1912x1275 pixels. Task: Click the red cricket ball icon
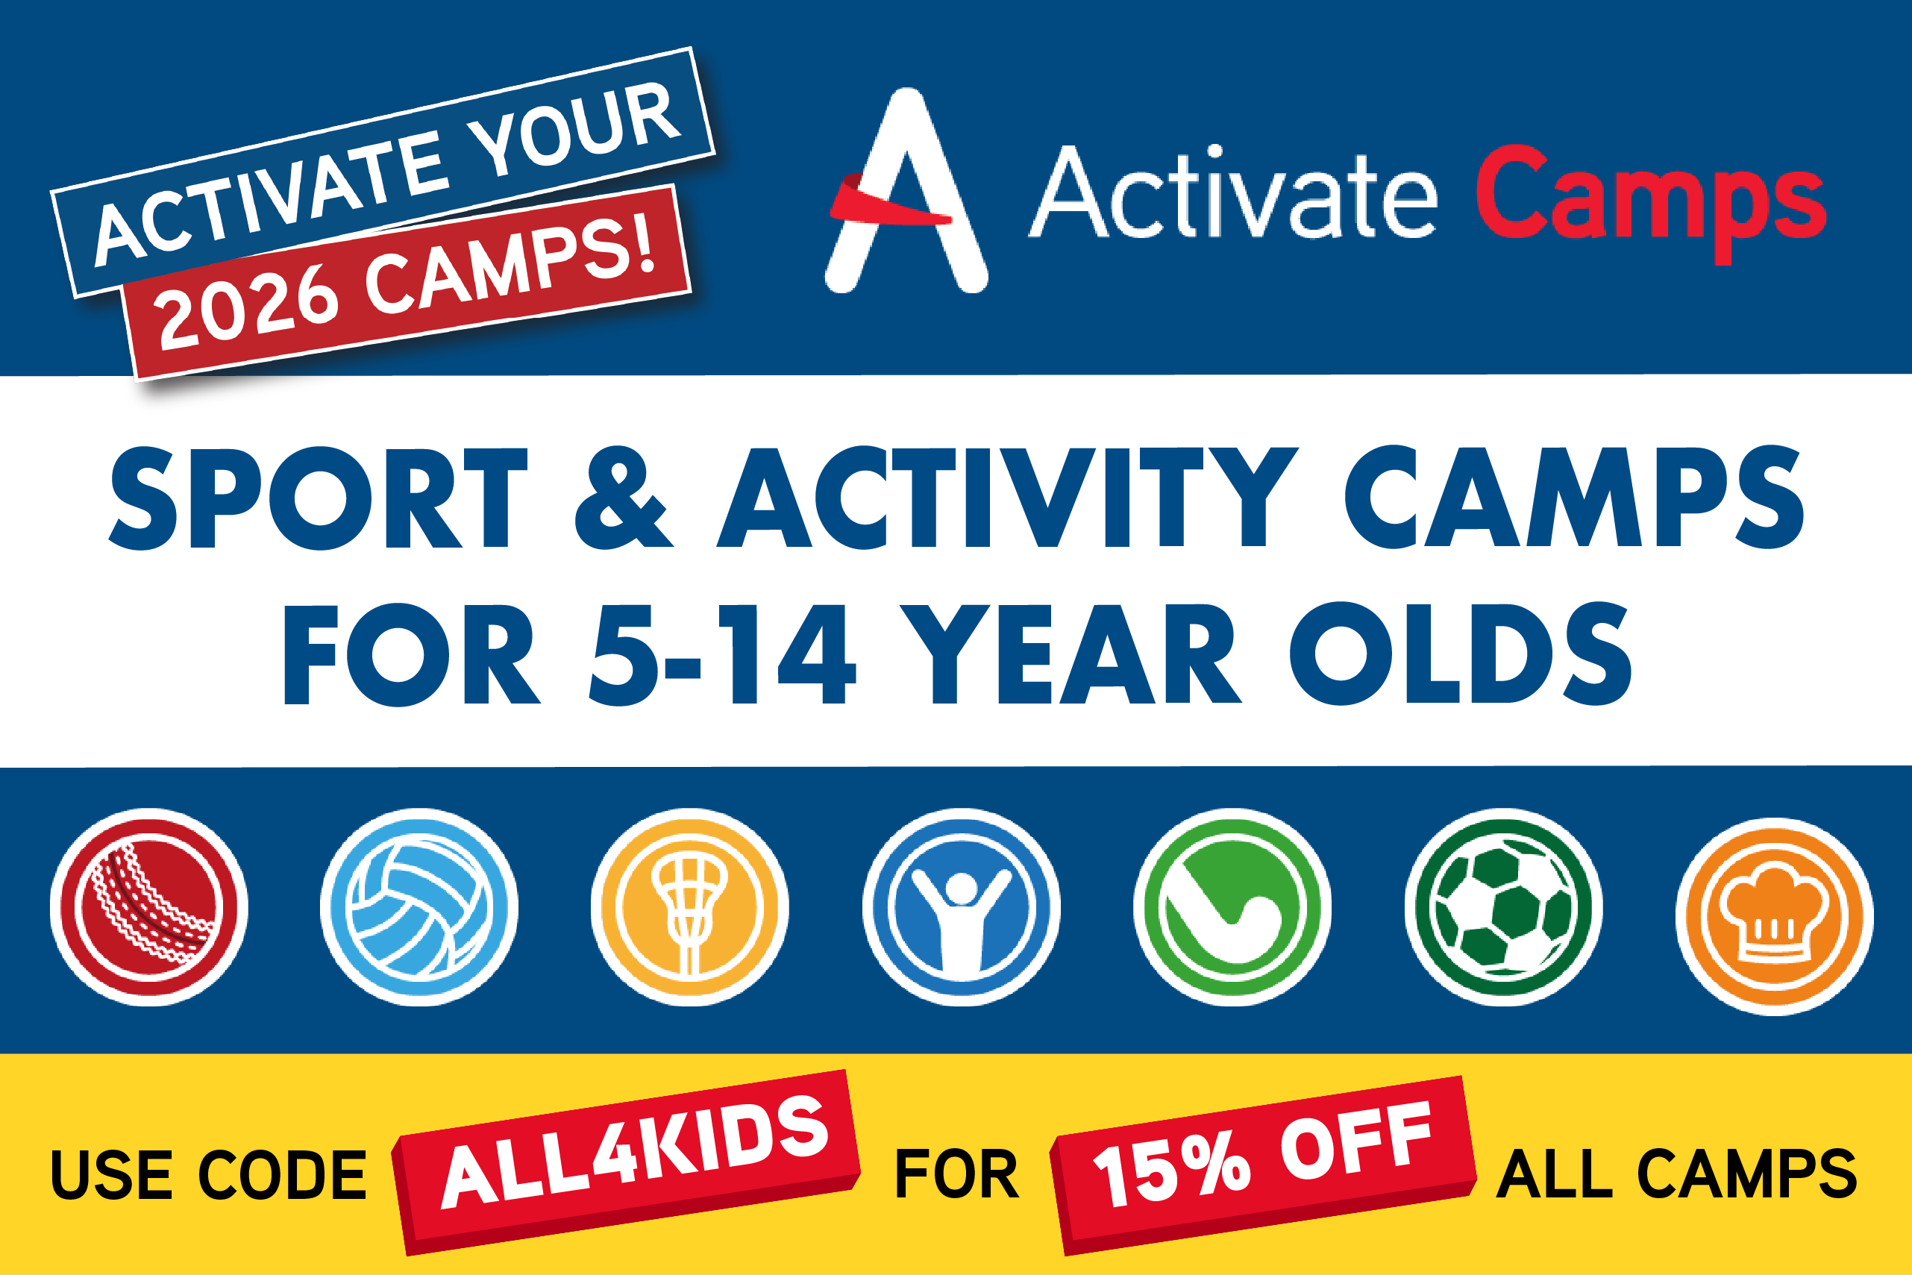(148, 906)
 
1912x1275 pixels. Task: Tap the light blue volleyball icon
(419, 906)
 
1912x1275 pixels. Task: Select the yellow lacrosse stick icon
(690, 906)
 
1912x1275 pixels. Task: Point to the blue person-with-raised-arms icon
(962, 906)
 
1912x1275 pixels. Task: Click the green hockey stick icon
(1232, 906)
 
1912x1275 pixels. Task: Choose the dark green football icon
(1504, 906)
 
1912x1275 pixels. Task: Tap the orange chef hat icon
(1775, 916)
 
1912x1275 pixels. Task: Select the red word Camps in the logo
(1651, 203)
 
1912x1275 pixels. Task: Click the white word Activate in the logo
(1232, 192)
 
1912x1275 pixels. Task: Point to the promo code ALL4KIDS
(636, 1151)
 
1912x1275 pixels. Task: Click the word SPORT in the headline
(318, 498)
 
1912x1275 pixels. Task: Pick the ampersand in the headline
(624, 498)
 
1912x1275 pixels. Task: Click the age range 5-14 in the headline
(723, 654)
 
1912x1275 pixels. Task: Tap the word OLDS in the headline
(1461, 654)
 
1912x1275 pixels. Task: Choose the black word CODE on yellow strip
(283, 1175)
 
